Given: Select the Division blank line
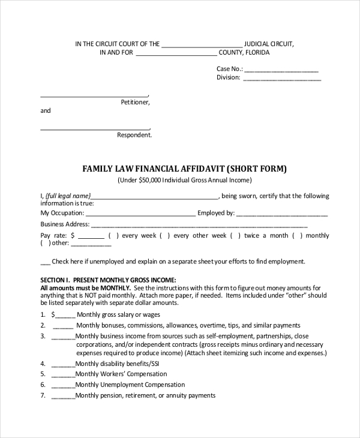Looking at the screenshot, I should coord(281,79).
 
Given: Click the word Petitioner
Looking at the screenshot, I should coord(135,103).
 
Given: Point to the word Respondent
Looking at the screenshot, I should coord(134,135).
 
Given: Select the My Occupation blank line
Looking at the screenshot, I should coord(140,214).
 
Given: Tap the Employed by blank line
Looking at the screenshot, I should coord(282,214).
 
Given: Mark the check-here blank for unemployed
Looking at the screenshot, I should coord(45,263).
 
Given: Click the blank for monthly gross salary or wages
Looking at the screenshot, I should coord(65,315).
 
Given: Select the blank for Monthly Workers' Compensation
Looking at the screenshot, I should coord(63,374).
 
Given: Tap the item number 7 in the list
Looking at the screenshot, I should coord(43,396).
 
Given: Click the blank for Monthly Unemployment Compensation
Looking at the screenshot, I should coord(63,385).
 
